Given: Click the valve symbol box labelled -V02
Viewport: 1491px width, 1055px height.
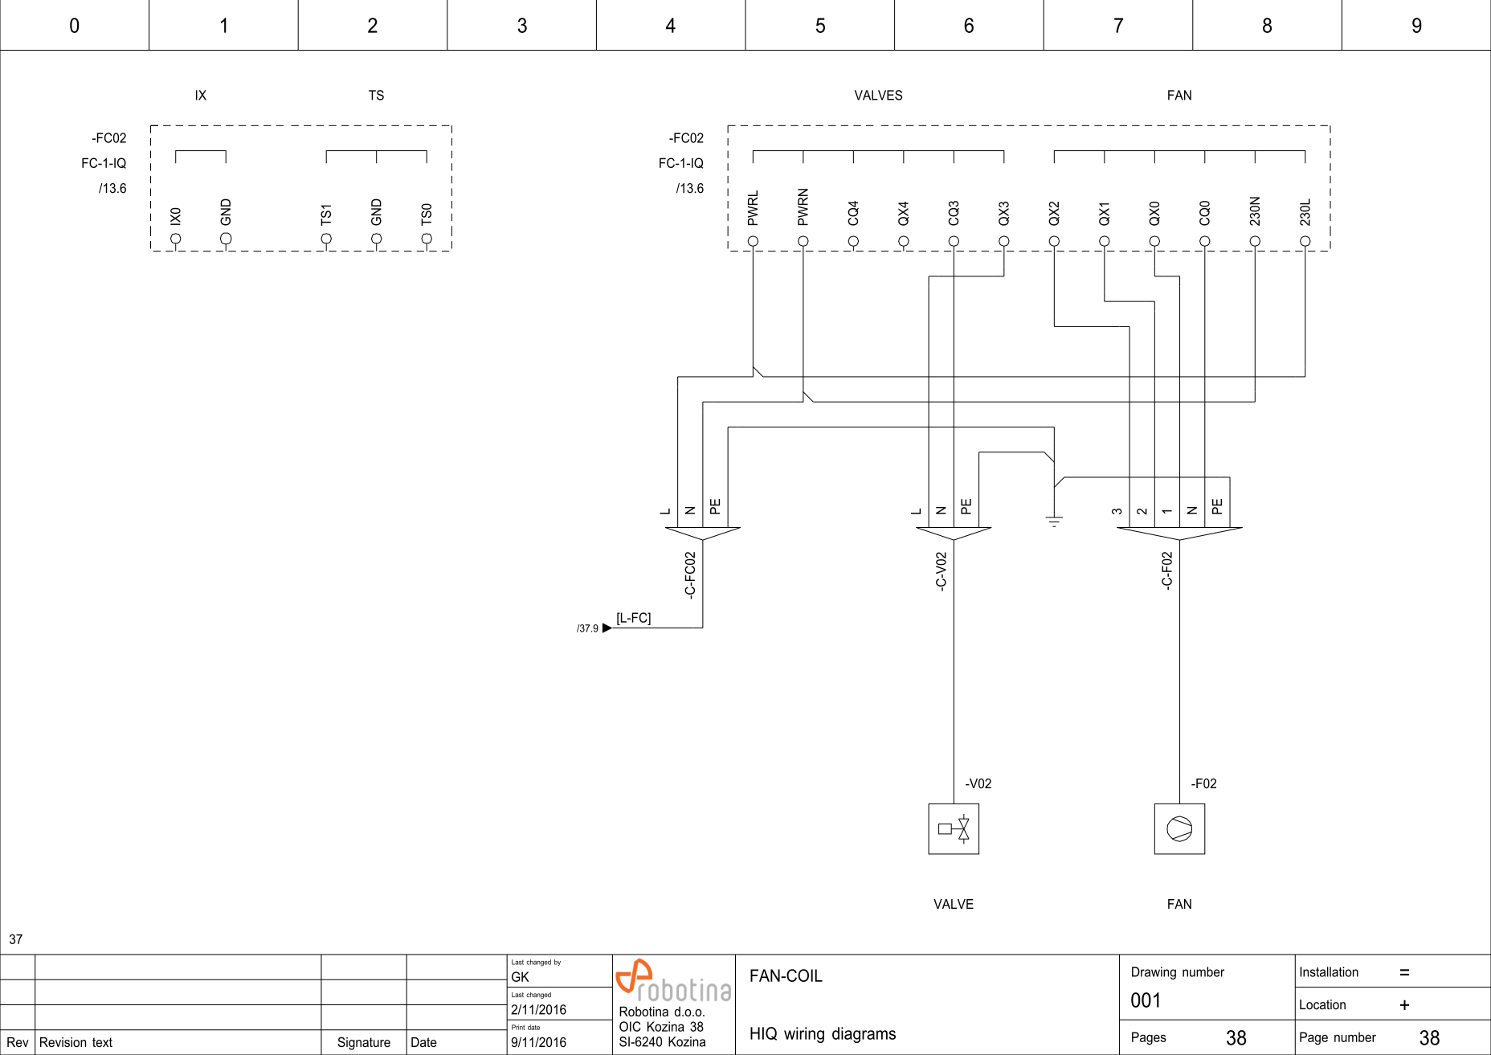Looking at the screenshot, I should (x=954, y=828).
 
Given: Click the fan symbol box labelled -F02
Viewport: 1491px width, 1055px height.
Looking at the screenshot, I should (x=1179, y=828).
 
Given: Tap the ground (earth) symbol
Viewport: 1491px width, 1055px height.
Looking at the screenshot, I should (x=1054, y=521).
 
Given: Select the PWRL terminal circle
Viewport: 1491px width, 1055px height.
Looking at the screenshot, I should (x=753, y=241).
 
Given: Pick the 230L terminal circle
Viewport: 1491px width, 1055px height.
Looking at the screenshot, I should (x=1305, y=241).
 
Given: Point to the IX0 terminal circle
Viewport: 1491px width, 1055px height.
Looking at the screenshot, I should (x=176, y=239).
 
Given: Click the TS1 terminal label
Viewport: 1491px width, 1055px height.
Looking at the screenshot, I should (x=325, y=215).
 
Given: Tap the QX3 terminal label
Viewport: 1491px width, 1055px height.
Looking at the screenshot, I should (x=1003, y=214).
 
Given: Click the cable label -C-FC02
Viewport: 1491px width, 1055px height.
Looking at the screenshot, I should (x=690, y=575).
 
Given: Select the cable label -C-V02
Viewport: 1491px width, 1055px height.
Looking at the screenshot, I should (x=941, y=571).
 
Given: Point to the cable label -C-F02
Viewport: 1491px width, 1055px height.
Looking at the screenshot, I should (x=1166, y=571).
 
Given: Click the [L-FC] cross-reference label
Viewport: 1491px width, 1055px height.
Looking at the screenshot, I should (x=633, y=618).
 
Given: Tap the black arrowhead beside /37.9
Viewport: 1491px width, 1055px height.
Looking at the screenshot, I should (x=607, y=628).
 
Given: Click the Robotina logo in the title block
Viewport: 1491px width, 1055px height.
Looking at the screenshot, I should (x=672, y=980).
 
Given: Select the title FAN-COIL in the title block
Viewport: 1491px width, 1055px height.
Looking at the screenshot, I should (x=786, y=976).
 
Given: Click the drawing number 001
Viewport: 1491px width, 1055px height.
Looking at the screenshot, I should (x=1146, y=1000).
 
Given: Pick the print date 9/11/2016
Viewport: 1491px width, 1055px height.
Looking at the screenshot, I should (x=538, y=1042).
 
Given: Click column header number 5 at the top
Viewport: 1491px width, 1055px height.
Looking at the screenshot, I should (x=820, y=26).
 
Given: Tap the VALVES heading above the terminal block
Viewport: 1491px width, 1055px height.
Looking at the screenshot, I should (x=878, y=96).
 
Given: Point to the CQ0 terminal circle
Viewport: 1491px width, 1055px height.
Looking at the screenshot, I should (x=1204, y=241).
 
